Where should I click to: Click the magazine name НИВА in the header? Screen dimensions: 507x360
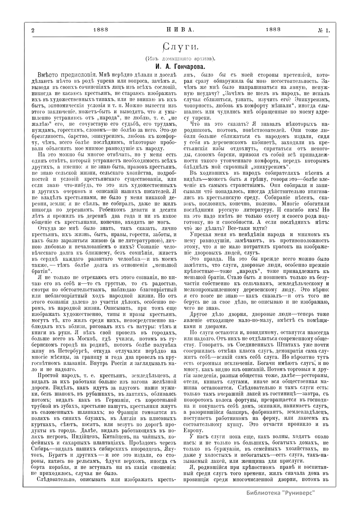(x=180, y=30)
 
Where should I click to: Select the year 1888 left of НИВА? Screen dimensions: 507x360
(x=101, y=30)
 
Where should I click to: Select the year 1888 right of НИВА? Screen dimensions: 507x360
(x=273, y=29)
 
